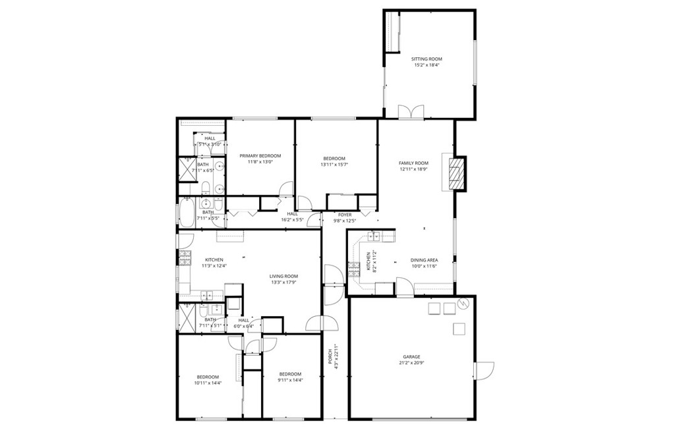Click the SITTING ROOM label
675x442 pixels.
(x=427, y=59)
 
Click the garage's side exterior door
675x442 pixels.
(x=484, y=370)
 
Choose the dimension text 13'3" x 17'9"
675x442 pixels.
(x=283, y=283)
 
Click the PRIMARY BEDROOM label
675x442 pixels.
(x=260, y=155)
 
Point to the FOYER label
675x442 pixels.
(x=345, y=215)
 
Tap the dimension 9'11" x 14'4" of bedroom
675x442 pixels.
(x=289, y=380)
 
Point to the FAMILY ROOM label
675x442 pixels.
(x=413, y=163)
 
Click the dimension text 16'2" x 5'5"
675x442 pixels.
(x=292, y=220)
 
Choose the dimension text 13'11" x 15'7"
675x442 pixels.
(x=334, y=164)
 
